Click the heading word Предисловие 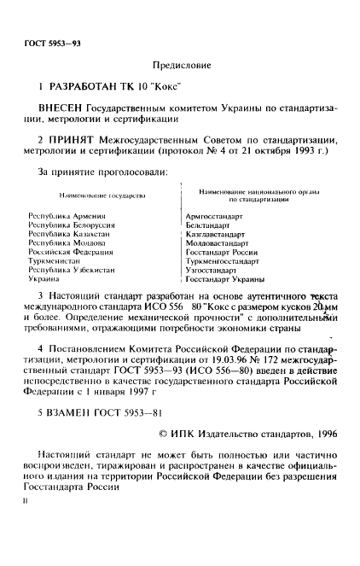(180, 65)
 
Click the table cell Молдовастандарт (218, 243)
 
